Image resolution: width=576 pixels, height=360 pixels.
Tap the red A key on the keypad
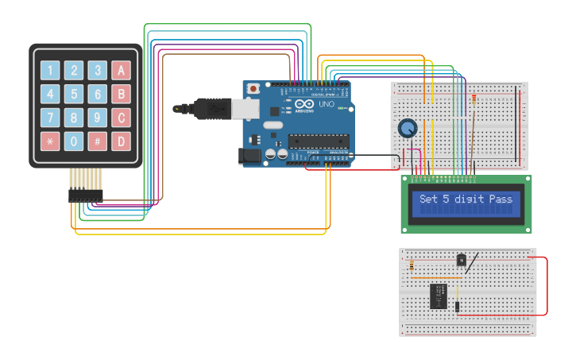pyautogui.click(x=121, y=71)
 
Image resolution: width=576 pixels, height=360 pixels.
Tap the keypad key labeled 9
pyautogui.click(x=98, y=118)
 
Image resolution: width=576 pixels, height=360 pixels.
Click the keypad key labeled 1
pyautogui.click(x=50, y=71)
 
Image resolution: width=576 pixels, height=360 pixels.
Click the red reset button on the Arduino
pyautogui.click(x=253, y=88)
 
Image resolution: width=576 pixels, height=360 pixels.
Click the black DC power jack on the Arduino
pyautogui.click(x=251, y=157)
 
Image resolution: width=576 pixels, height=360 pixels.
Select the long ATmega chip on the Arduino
pyautogui.click(x=318, y=141)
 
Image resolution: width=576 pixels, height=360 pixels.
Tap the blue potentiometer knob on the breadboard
pyautogui.click(x=408, y=128)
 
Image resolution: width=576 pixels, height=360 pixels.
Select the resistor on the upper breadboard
pyautogui.click(x=474, y=100)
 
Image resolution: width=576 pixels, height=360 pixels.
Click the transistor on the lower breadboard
pyautogui.click(x=461, y=259)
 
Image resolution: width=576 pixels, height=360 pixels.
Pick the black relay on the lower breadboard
pyautogui.click(x=439, y=296)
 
